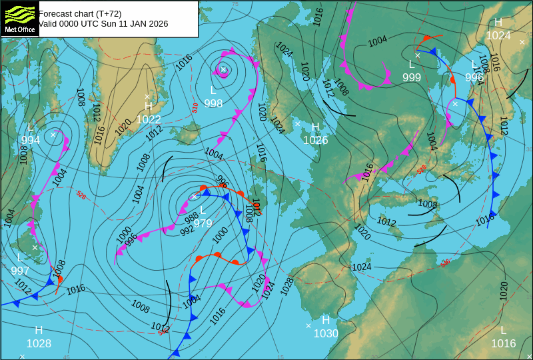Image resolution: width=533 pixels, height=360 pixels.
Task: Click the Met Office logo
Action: (x=19, y=19)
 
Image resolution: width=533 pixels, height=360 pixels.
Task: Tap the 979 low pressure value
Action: (x=203, y=223)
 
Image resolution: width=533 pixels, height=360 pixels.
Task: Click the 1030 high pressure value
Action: (x=326, y=333)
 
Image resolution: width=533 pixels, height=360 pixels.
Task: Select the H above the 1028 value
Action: (x=39, y=330)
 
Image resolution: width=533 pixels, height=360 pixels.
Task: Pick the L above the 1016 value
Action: (x=504, y=330)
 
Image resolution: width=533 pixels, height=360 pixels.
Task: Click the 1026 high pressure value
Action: (x=315, y=140)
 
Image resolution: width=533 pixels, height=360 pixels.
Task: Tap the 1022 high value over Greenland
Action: (x=149, y=119)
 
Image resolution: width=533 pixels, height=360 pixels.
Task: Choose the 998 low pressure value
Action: (x=213, y=103)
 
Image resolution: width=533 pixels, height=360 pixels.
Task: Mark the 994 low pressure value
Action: (x=31, y=140)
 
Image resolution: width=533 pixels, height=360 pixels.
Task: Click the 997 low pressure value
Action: (x=20, y=270)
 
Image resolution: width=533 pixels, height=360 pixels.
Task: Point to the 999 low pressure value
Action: (x=412, y=77)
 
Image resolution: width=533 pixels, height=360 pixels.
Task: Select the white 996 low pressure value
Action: (x=474, y=77)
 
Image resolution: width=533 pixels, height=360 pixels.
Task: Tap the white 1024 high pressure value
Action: (x=498, y=35)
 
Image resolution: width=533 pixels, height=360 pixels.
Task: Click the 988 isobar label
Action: (x=191, y=218)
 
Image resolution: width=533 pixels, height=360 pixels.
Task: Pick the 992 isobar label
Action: (x=187, y=231)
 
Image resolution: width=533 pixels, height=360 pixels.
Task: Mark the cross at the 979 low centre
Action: (x=194, y=197)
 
